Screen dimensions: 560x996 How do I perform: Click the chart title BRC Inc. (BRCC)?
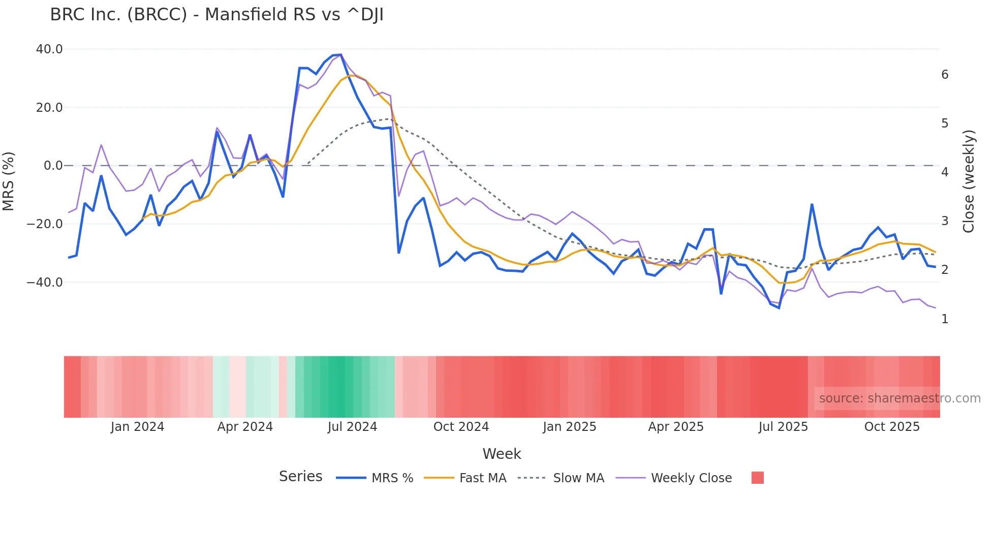pos(216,15)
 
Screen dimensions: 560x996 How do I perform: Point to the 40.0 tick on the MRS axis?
pos(49,49)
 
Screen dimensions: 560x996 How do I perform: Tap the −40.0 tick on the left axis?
pos(45,282)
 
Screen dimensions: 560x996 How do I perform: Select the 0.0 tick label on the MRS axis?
pos(53,166)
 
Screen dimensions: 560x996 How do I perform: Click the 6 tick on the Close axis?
pos(945,75)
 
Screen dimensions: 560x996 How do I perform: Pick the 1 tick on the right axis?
pos(945,319)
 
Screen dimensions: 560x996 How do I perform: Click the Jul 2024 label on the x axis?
pos(352,427)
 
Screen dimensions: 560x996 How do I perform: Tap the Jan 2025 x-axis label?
pos(569,427)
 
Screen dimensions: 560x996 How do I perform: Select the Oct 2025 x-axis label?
pos(892,427)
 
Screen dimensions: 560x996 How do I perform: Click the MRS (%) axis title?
pos(9,181)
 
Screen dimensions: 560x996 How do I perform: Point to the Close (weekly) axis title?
pos(969,181)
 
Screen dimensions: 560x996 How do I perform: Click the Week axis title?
pos(502,454)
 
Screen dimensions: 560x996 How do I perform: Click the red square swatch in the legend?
pos(757,478)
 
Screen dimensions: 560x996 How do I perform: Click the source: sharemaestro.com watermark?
pos(899,398)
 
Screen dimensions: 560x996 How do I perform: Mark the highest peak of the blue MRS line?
pos(340,55)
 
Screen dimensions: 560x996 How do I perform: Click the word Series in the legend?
pos(300,477)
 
